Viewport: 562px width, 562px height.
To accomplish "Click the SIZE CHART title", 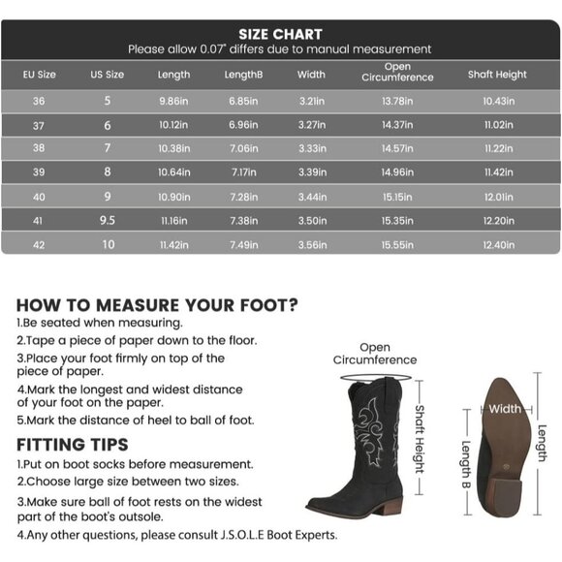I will [280, 35].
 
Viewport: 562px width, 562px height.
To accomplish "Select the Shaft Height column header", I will [497, 75].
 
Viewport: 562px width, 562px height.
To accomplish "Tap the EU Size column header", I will [40, 75].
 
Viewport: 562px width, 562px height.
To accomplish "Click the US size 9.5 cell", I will [108, 221].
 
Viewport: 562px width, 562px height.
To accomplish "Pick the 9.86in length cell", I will [173, 101].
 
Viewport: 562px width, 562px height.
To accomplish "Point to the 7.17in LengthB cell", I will [241, 172].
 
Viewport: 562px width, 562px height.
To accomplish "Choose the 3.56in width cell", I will [311, 245].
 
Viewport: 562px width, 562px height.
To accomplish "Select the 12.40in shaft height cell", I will [498, 245].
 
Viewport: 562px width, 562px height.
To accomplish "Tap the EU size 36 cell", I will [40, 101].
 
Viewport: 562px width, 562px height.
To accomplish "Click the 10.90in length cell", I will [173, 197].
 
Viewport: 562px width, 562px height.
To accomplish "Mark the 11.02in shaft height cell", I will [498, 125].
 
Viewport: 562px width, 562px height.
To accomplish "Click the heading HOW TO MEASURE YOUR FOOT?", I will [157, 303].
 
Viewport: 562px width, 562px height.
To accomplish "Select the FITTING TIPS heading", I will [73, 445].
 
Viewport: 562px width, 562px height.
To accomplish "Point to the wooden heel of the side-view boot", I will [390, 506].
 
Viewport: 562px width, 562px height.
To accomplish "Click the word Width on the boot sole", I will [504, 409].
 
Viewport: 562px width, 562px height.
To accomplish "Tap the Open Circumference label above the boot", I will [375, 354].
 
